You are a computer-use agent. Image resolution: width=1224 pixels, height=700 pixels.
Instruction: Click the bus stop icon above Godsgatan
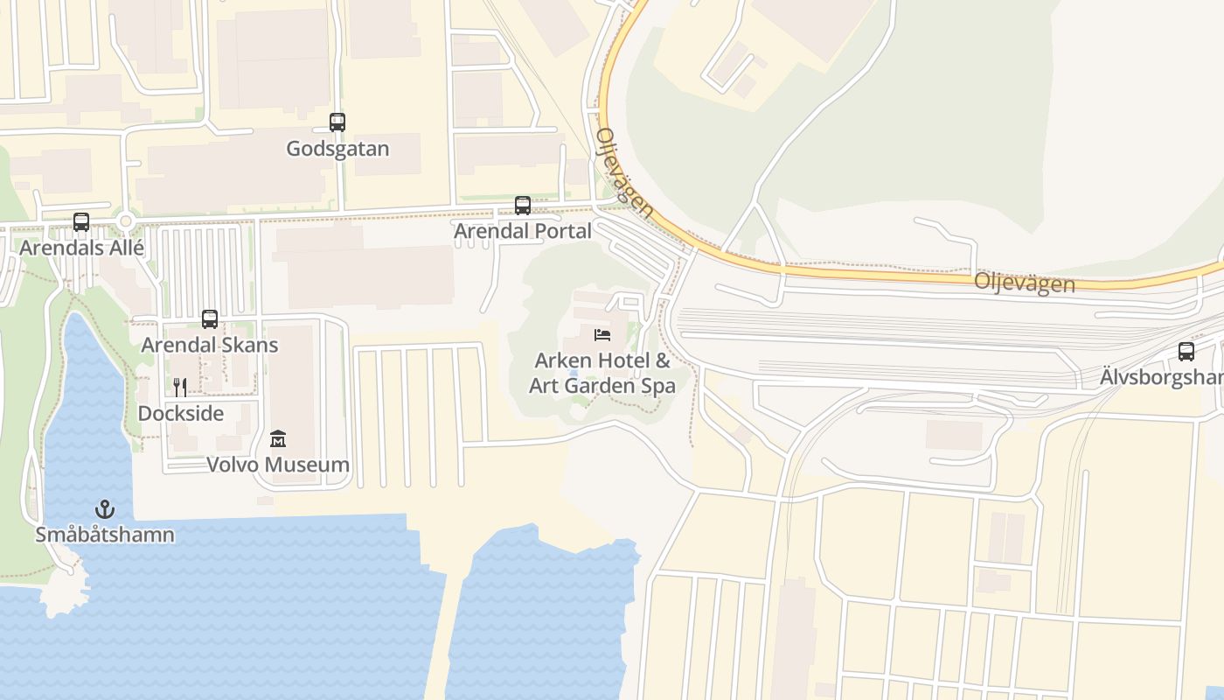tap(337, 122)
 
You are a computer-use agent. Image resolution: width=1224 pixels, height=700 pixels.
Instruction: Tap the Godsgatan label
tap(337, 149)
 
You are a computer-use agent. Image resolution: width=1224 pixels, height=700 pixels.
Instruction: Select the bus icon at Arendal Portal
tap(523, 206)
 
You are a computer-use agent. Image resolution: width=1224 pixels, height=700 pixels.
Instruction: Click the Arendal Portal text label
tap(523, 231)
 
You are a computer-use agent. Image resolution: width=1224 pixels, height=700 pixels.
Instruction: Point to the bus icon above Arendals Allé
tap(81, 222)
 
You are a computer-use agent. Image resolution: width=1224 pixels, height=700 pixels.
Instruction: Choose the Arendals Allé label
tap(81, 248)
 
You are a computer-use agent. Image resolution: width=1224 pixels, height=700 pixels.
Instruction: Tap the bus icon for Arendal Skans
tap(210, 319)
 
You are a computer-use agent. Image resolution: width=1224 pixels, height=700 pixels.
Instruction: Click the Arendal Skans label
tap(210, 345)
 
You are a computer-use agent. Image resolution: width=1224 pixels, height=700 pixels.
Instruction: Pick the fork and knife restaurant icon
tap(179, 388)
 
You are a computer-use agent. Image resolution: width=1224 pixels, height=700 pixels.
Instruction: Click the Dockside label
tap(181, 413)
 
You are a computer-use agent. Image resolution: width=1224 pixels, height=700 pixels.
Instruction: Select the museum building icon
tap(278, 438)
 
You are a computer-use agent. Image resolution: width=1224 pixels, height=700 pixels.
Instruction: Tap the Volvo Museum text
tap(278, 464)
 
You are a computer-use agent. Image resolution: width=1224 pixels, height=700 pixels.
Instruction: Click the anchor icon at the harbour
tap(105, 509)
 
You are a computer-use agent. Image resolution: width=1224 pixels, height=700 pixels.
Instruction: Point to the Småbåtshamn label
tap(105, 535)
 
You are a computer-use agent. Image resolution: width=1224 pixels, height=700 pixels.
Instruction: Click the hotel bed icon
tap(602, 335)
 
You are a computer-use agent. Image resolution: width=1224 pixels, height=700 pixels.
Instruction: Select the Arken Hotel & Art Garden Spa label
tap(602, 373)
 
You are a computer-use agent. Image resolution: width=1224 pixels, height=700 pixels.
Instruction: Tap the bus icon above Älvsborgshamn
tap(1186, 352)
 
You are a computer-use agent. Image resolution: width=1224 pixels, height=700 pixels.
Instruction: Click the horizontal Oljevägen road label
tap(1024, 282)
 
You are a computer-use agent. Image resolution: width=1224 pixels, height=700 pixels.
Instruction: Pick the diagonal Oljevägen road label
tap(624, 172)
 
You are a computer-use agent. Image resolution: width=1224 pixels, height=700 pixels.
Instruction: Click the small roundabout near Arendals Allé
tap(125, 222)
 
